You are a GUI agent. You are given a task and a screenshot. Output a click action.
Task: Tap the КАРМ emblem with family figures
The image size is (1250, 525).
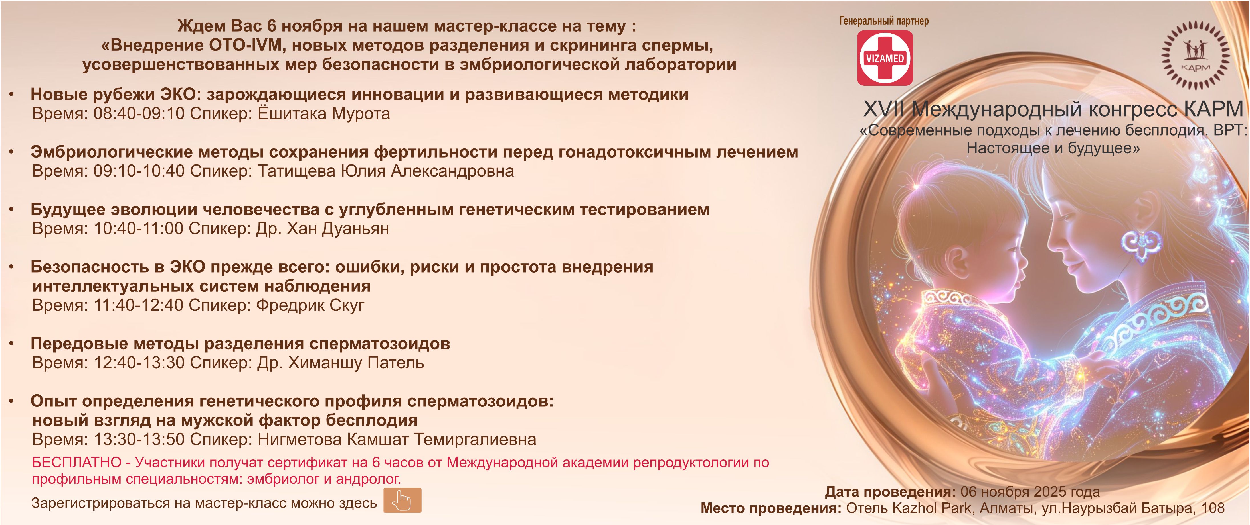[x=1195, y=55]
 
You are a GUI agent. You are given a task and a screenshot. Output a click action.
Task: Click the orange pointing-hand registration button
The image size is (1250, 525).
[x=402, y=500]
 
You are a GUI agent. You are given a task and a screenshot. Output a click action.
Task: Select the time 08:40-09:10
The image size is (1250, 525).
[x=139, y=113]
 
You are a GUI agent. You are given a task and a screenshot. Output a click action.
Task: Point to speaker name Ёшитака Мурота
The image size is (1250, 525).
[x=324, y=113]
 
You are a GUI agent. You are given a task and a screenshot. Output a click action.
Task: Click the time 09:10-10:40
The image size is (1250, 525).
[x=139, y=171]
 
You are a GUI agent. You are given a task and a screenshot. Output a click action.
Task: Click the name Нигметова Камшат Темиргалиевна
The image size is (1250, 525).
[x=397, y=440]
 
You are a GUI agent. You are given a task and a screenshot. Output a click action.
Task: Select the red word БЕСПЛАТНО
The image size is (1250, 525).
[x=77, y=462]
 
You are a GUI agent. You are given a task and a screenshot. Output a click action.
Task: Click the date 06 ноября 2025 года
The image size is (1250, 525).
[x=1030, y=492]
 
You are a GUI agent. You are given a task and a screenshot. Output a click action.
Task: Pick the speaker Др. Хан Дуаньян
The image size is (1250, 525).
[x=323, y=229]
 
